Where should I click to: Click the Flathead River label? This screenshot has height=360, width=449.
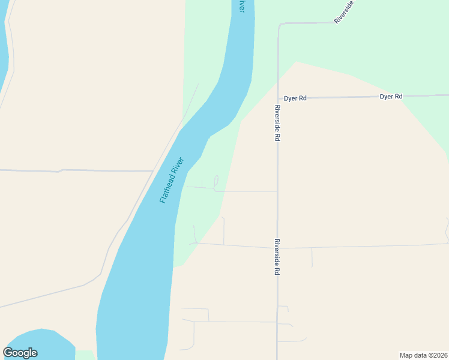[171, 180]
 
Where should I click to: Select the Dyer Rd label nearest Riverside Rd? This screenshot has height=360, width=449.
[295, 98]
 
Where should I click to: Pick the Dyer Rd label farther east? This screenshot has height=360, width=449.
[391, 96]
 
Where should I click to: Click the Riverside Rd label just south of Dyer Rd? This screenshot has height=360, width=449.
[277, 123]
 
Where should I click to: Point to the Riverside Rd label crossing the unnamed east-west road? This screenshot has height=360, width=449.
[277, 257]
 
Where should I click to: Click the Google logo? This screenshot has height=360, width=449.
[20, 353]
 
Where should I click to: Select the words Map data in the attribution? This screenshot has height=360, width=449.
[412, 355]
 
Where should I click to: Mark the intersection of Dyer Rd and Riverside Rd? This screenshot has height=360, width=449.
[278, 98]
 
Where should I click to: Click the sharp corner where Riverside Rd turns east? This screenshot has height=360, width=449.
[280, 25]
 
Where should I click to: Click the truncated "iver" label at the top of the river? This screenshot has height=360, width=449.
[241, 6]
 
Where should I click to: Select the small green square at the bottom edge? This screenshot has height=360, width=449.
[85, 355]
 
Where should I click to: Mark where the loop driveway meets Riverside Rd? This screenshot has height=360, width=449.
[277, 191]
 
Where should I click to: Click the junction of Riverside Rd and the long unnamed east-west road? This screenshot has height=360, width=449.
[277, 247]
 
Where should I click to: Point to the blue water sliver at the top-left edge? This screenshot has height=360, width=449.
[4, 48]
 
